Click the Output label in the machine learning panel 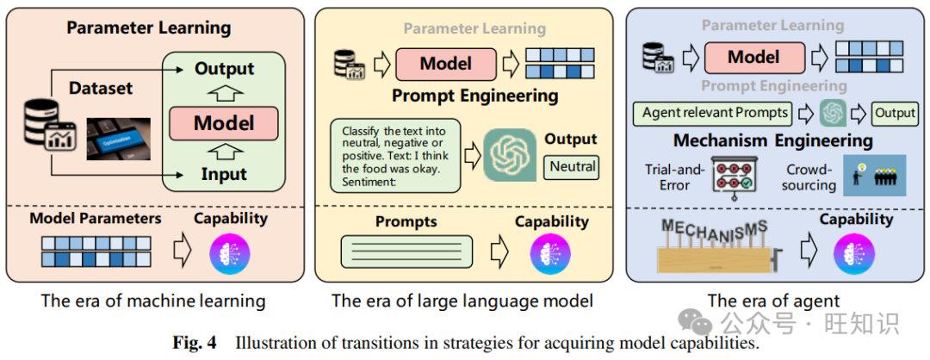(224, 69)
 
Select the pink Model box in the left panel (224, 122)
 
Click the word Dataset (101, 88)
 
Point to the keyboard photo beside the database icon (119, 138)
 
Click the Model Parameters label (96, 218)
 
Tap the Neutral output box (571, 166)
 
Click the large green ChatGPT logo (510, 156)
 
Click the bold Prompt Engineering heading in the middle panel (474, 96)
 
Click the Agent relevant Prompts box (715, 113)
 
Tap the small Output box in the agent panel (895, 113)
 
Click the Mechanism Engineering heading (772, 140)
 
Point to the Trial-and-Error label (674, 177)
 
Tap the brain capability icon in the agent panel (853, 254)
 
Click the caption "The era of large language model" (462, 301)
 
